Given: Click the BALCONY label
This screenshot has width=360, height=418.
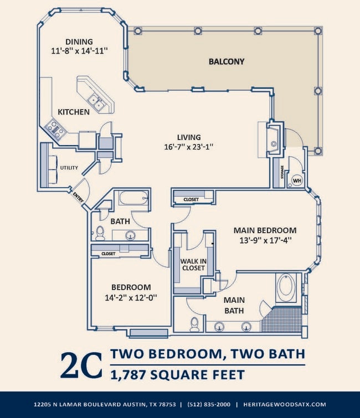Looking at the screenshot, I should tap(227, 61).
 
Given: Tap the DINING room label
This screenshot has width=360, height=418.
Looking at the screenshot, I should tap(79, 42).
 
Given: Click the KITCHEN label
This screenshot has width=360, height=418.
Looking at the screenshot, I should tap(74, 112).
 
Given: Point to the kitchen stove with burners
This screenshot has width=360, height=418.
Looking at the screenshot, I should tap(55, 128).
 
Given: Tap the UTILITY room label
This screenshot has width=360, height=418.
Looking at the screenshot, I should tap(69, 168).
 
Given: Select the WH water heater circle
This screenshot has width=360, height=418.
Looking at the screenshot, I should tap(296, 180).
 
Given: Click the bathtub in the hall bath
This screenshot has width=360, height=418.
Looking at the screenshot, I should tap(133, 198).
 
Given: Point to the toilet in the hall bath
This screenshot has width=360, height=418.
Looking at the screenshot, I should tap(100, 233).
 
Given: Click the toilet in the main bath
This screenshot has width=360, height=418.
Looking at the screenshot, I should tap(194, 324).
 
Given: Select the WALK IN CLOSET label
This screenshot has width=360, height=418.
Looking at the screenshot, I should tap(192, 264).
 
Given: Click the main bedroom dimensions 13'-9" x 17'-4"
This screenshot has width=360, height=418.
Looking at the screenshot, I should tap(265, 240).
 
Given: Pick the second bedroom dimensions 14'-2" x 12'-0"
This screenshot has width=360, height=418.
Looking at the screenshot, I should tap(131, 297).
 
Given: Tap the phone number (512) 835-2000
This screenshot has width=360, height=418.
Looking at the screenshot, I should tap(208, 405).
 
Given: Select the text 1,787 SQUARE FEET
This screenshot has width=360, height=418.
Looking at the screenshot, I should tap(177, 375).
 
